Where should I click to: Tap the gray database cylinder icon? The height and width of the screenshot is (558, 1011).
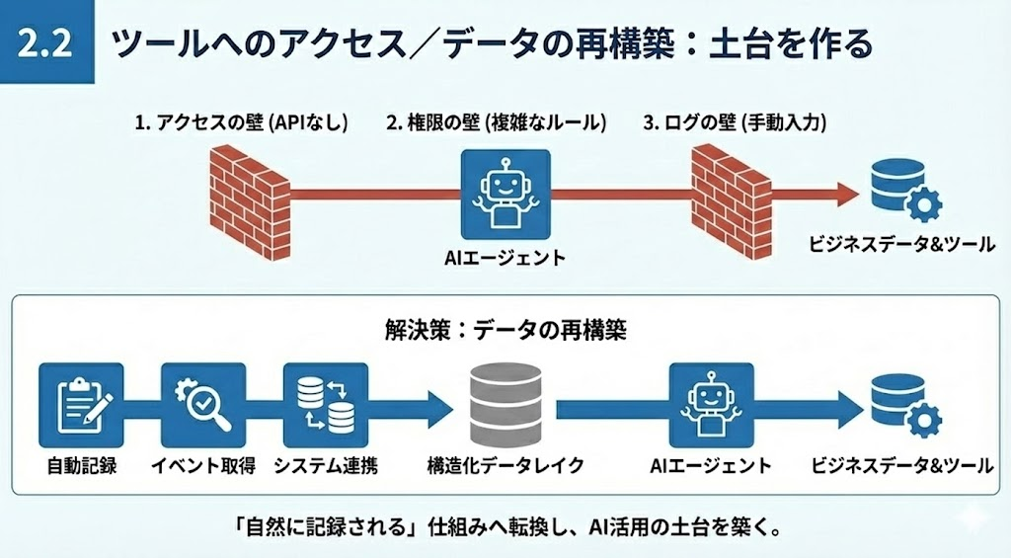click(x=505, y=405)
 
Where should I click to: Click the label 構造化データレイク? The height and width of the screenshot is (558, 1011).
click(x=505, y=465)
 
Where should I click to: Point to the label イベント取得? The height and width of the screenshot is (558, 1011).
click(x=203, y=465)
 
